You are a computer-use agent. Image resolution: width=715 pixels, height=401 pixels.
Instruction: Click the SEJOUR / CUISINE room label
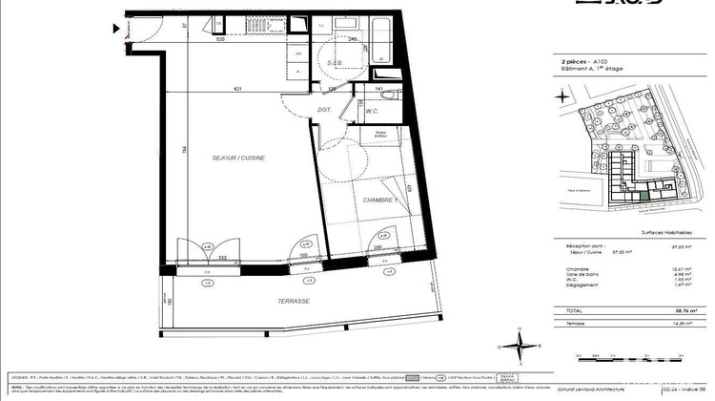tap(237, 158)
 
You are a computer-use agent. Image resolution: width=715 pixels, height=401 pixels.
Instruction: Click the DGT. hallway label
tap(324, 111)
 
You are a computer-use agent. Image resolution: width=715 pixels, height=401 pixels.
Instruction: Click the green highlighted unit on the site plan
tap(645, 195)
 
